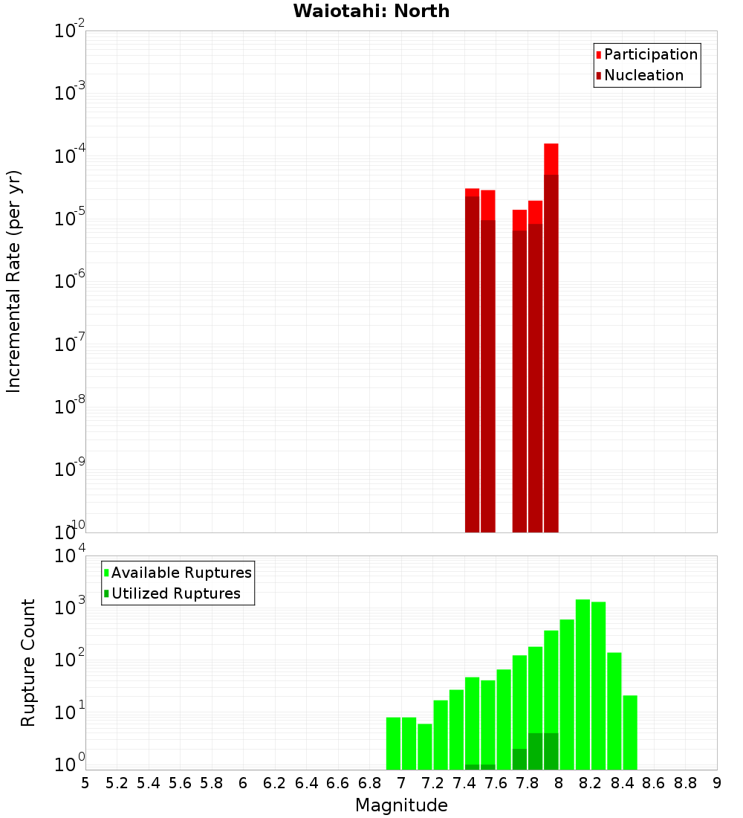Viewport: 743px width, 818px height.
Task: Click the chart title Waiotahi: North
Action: pos(371,11)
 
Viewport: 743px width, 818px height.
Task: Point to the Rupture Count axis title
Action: pos(28,663)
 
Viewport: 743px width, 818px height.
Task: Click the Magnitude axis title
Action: pos(401,805)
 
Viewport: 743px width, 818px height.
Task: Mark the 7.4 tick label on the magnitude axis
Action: pos(464,782)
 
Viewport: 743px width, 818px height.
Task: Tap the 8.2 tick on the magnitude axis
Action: pos(591,782)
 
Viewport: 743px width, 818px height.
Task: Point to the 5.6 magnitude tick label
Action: pos(180,782)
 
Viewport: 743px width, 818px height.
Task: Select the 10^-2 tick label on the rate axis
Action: pos(71,31)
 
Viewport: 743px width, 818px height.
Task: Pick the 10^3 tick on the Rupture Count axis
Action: pos(71,608)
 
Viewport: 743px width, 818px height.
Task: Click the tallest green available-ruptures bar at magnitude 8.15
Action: pos(583,684)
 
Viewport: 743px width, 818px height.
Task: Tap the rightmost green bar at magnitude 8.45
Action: pos(630,732)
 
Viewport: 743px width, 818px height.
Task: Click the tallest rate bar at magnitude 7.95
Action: pos(551,335)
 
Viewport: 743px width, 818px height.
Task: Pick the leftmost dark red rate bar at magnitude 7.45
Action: pos(472,364)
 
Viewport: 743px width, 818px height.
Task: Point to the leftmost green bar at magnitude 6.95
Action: pos(393,744)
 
